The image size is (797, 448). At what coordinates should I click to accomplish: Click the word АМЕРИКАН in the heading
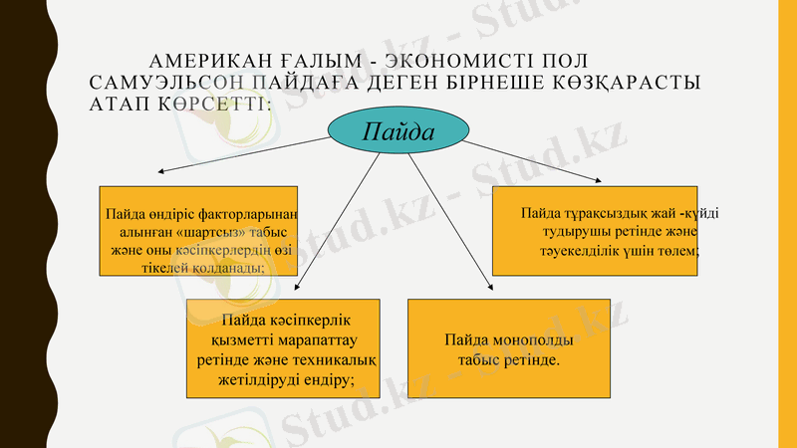click(x=203, y=61)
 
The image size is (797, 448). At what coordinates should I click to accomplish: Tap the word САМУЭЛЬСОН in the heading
click(x=152, y=83)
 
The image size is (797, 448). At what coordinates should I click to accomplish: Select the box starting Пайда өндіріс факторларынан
click(x=198, y=230)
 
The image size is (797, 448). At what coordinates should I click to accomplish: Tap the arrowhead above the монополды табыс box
click(x=490, y=289)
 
